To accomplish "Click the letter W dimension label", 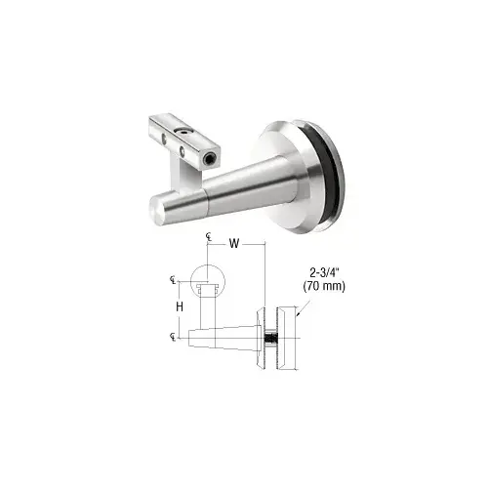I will click(x=234, y=245).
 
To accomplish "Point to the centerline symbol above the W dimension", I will click(x=209, y=237).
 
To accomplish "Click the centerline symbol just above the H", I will click(x=173, y=280).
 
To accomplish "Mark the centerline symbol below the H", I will click(x=173, y=337).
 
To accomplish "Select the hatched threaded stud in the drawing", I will click(x=268, y=341).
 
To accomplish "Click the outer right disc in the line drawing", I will click(x=288, y=337).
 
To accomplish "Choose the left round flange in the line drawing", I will click(x=258, y=337).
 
